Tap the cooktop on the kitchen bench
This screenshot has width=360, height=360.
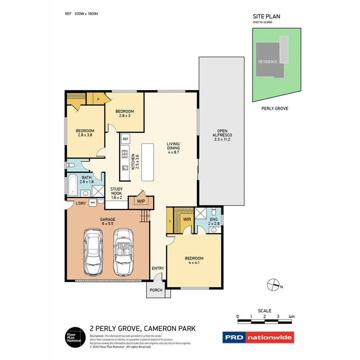click(x=125, y=155)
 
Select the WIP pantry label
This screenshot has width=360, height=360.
click(x=141, y=201)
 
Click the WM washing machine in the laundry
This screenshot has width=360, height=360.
click(x=93, y=202)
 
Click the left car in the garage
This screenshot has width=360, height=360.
click(x=93, y=251)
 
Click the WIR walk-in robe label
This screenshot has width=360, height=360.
click(x=187, y=219)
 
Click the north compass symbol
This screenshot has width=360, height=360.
click(x=273, y=285)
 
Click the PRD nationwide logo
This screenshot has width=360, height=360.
click(x=258, y=337)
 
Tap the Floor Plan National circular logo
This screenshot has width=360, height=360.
click(x=74, y=337)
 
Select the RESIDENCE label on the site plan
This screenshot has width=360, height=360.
click(x=268, y=62)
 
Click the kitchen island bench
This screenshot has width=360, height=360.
click(x=148, y=162)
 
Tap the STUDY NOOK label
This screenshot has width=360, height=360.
click(x=116, y=193)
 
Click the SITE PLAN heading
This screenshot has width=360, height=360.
click(x=267, y=16)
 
